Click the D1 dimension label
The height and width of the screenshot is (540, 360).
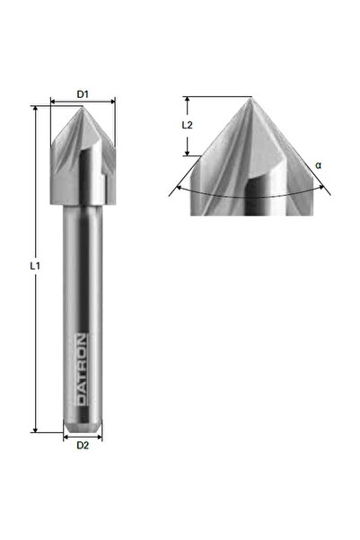coord(82,93)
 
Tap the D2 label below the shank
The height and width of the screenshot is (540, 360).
coord(82,444)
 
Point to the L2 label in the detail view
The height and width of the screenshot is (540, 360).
coord(187,127)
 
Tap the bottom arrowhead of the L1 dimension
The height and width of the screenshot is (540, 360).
coord(35,429)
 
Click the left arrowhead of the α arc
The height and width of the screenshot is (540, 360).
coord(172,190)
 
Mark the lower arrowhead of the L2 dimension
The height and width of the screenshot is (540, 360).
coord(187,153)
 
